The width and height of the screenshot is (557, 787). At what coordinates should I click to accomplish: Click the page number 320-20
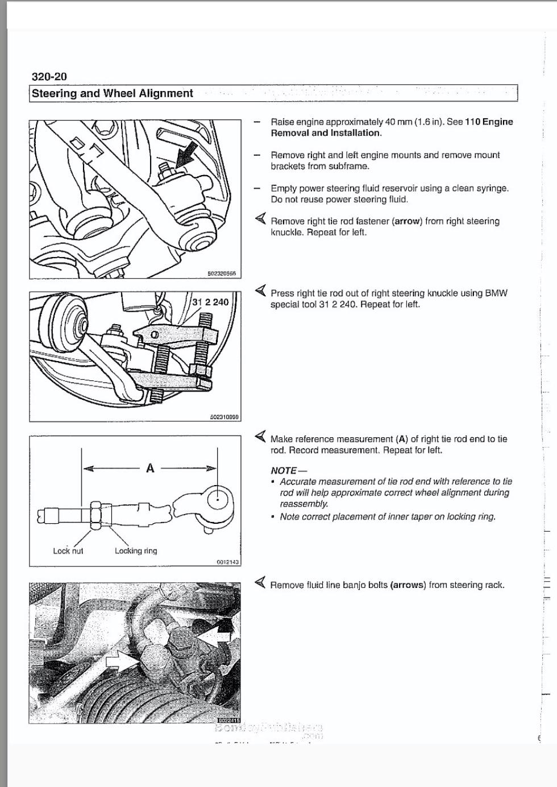pos(49,77)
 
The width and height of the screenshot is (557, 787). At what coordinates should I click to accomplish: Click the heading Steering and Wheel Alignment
pos(113,93)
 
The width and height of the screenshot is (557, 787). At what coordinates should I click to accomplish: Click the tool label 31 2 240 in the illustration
pos(210,302)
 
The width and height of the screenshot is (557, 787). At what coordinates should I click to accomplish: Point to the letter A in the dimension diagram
pos(150,468)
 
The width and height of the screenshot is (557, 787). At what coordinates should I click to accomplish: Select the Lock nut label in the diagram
pos(68,550)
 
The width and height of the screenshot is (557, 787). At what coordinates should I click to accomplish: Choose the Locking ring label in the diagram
pos(136,550)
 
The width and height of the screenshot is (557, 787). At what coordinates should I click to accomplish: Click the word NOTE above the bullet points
pos(284,470)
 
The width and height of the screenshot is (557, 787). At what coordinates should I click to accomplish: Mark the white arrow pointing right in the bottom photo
pos(121,660)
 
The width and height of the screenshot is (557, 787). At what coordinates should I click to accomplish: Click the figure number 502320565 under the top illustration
pos(222,274)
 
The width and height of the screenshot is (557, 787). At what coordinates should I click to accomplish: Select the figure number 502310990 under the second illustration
pos(225,417)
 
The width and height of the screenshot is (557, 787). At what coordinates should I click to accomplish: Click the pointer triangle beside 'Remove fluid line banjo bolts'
pos(260,583)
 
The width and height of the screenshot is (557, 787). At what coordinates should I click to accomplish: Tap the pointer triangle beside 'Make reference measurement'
pos(260,437)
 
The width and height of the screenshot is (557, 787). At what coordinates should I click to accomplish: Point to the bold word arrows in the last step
pos(408,585)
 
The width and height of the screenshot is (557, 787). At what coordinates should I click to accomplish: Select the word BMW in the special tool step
pos(496,293)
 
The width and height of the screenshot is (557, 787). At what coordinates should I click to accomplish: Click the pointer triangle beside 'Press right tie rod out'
pos(260,291)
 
